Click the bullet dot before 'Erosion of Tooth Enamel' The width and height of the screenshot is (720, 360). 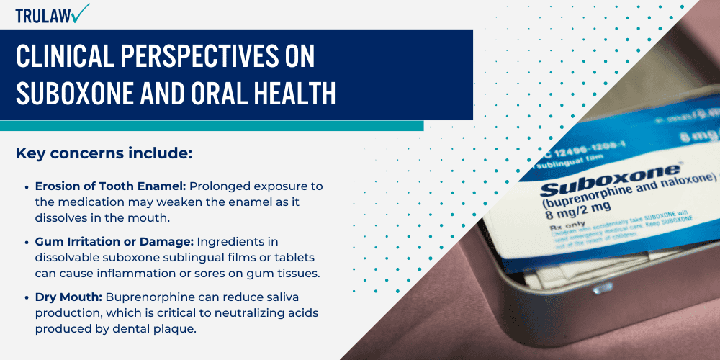pos(27,186)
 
